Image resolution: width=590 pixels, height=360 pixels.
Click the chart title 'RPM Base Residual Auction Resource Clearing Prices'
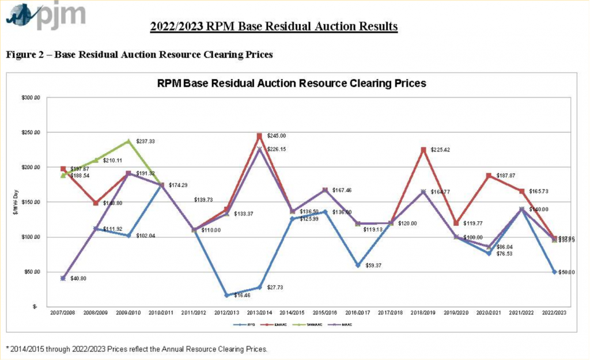[x=292, y=83]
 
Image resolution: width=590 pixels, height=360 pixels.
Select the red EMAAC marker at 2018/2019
[x=423, y=150]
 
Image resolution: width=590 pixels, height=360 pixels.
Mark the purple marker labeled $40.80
[x=63, y=278]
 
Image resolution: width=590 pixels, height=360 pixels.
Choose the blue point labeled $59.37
[x=358, y=266]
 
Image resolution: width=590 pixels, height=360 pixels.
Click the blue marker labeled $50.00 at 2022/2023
[x=554, y=272]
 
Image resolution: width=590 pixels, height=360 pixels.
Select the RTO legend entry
[x=232, y=325]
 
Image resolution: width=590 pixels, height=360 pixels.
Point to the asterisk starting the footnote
[x=8, y=348]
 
